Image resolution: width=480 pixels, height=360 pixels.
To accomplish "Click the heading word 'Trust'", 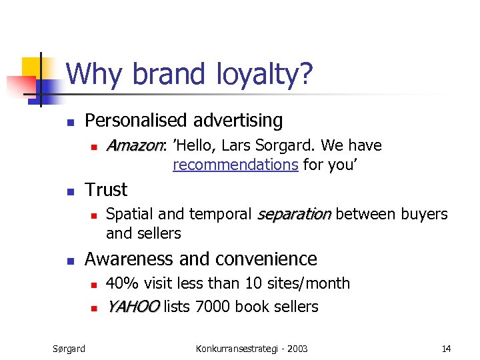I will (x=106, y=190).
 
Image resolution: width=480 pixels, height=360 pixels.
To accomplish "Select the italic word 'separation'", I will (x=294, y=214).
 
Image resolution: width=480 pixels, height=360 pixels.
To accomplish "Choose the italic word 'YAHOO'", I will (x=133, y=307).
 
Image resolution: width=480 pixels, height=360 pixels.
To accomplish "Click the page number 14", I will (x=446, y=348).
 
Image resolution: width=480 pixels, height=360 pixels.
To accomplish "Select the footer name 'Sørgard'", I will (x=69, y=348).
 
